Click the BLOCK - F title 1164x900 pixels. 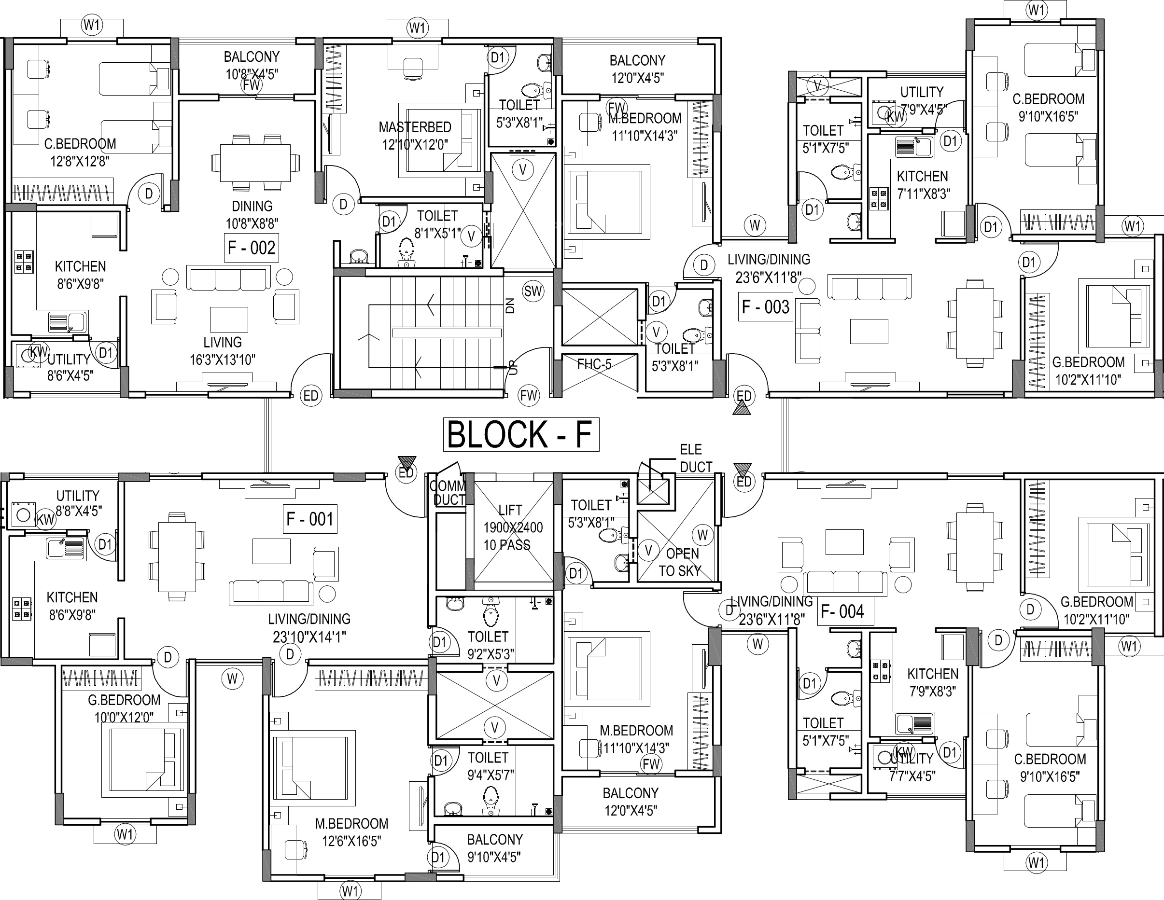(x=521, y=434)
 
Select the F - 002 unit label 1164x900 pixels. (x=251, y=248)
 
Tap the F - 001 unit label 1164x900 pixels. (x=309, y=518)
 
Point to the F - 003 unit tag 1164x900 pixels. (x=765, y=307)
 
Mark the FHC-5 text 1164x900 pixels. (x=594, y=364)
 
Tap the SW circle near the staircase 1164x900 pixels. (x=533, y=291)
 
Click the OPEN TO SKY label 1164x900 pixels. (x=681, y=562)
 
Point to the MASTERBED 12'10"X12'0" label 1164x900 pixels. (x=415, y=135)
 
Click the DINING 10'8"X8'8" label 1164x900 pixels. (x=252, y=214)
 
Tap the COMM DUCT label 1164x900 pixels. (x=448, y=492)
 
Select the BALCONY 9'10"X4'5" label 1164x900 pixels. (x=494, y=848)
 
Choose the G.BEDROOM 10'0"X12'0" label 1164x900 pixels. (x=124, y=708)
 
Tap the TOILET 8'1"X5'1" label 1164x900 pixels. (x=437, y=224)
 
